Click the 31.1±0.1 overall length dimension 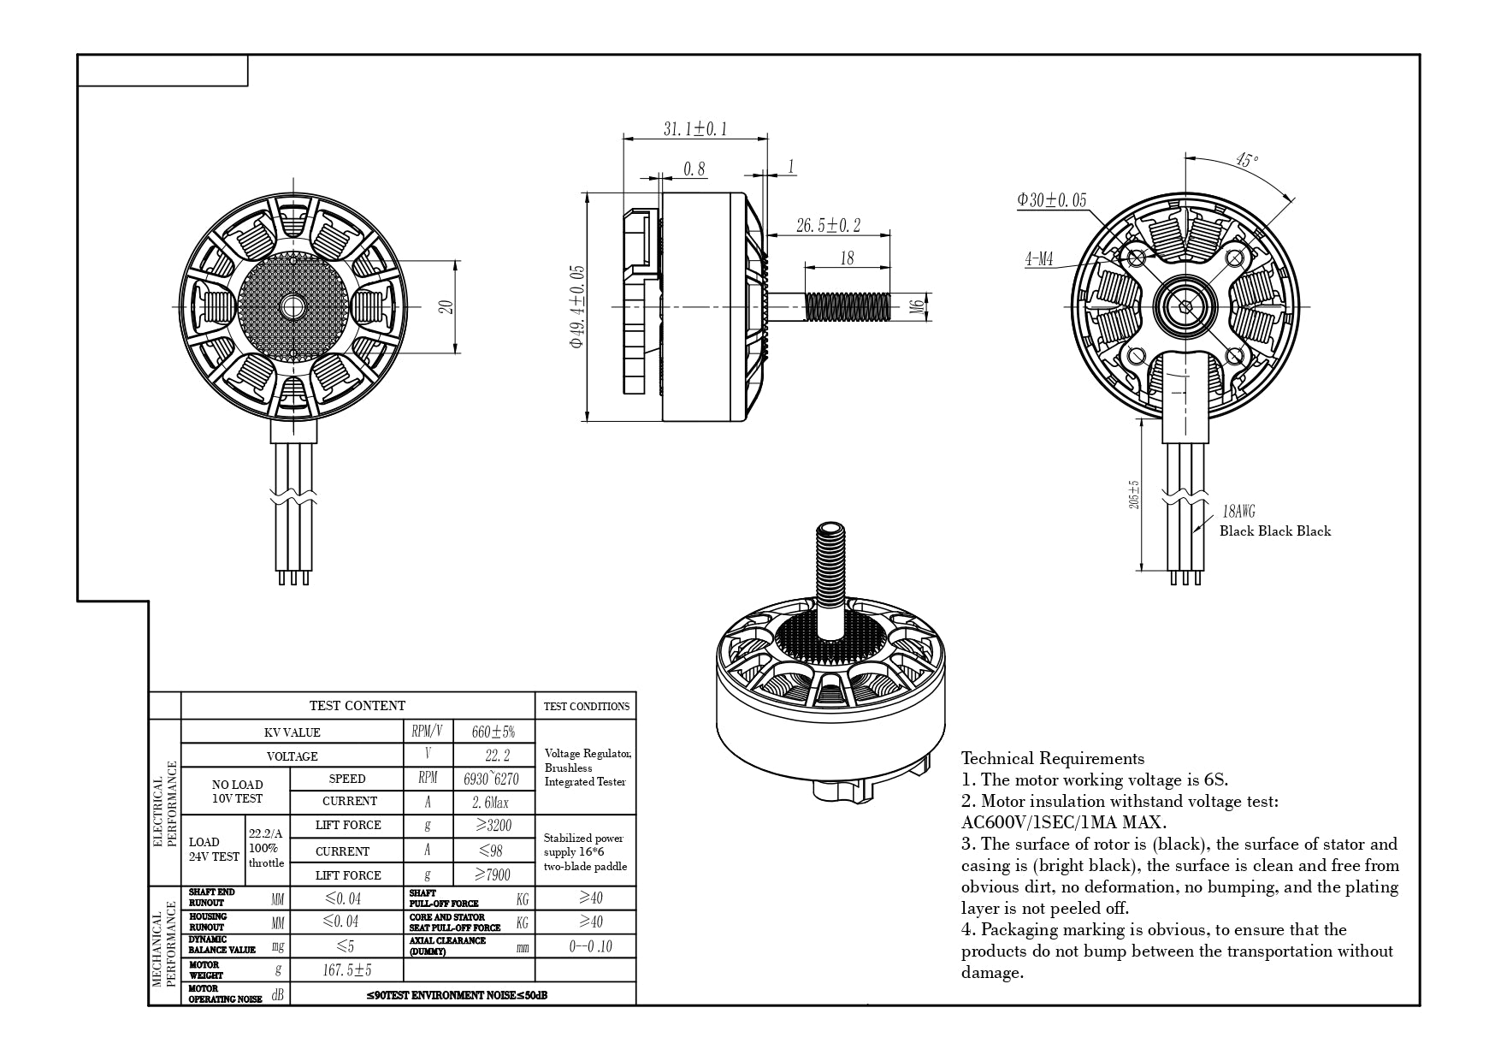(x=694, y=129)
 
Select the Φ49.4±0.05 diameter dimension (x=577, y=306)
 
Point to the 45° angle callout (x=1246, y=161)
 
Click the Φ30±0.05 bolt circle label (x=1051, y=200)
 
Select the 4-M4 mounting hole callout (x=1039, y=259)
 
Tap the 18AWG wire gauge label (x=1238, y=512)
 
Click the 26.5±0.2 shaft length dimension (x=827, y=226)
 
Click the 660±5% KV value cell (x=493, y=732)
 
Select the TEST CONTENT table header (x=358, y=706)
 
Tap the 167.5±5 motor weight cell (x=346, y=970)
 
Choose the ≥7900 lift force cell (x=493, y=874)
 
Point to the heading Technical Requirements (x=1052, y=758)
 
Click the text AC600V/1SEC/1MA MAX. (x=1063, y=822)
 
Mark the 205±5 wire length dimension (x=1133, y=495)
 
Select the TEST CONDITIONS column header (x=586, y=707)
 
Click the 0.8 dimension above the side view (x=694, y=169)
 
